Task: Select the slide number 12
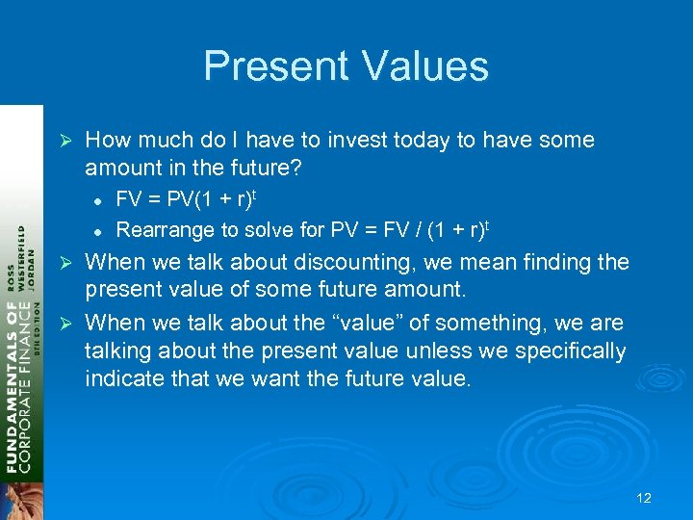coord(644,498)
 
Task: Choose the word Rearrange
coord(161,229)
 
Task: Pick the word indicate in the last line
coord(120,379)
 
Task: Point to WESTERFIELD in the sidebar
coord(22,261)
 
